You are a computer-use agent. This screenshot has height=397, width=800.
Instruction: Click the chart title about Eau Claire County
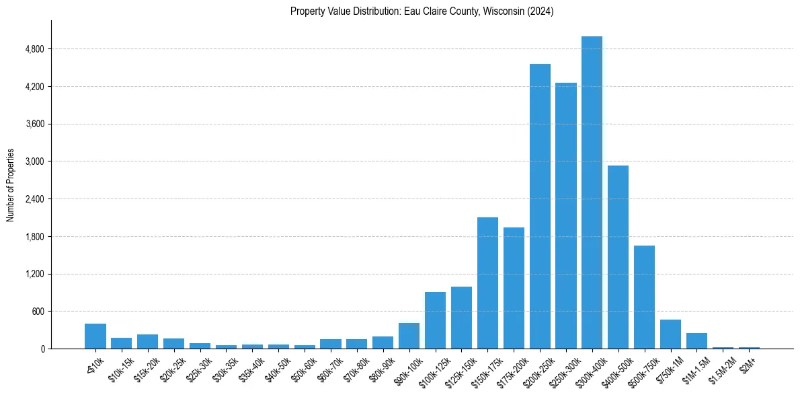[422, 11]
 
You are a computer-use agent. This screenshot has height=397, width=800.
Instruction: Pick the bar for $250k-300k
[566, 215]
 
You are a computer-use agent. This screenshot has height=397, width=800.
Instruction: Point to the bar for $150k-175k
[487, 283]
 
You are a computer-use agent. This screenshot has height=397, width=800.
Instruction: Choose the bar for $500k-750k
[644, 297]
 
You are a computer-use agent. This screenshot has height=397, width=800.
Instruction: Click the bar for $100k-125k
[435, 320]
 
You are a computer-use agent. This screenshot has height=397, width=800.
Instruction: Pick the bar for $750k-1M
[670, 334]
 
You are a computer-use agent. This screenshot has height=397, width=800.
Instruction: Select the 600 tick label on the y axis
[38, 312]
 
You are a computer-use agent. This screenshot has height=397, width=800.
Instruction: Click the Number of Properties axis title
[11, 184]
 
